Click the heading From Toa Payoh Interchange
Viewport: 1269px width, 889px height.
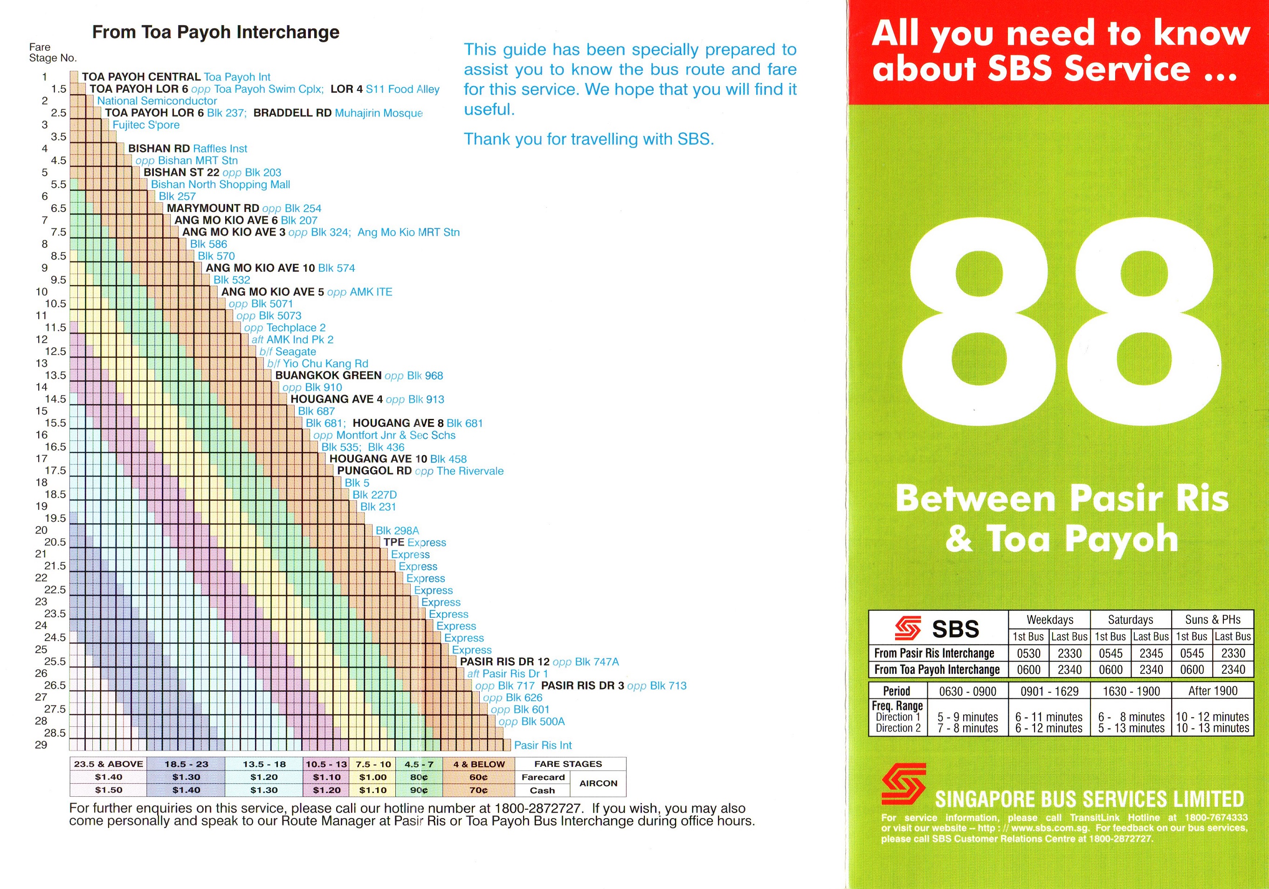(x=215, y=32)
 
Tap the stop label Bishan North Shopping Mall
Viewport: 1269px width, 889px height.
(x=220, y=185)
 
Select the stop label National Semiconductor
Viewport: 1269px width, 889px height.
(x=157, y=101)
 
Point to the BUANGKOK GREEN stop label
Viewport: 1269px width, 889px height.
(x=328, y=376)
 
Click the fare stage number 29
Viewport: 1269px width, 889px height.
(x=41, y=745)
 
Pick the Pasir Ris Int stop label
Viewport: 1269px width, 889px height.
(x=543, y=745)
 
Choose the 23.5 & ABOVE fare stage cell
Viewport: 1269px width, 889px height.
(x=108, y=764)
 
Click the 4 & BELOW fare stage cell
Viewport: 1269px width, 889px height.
(x=479, y=764)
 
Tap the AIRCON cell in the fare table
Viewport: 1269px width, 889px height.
(x=598, y=784)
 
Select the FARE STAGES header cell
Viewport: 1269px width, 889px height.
(x=568, y=764)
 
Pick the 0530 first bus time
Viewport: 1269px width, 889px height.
(x=1028, y=654)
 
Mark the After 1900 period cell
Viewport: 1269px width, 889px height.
(x=1213, y=691)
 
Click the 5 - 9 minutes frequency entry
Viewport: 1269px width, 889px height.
(x=967, y=717)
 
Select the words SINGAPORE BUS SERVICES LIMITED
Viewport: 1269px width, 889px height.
(x=1089, y=800)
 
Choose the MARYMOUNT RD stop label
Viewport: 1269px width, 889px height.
(x=213, y=208)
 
